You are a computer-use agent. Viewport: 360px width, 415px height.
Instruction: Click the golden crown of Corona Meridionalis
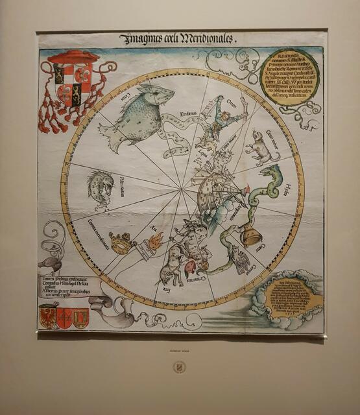point(119,244)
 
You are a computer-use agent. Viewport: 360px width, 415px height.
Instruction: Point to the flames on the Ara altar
point(156,242)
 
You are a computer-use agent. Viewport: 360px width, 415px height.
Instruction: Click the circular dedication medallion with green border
point(289,77)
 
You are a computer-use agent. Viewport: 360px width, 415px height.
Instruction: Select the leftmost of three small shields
point(49,318)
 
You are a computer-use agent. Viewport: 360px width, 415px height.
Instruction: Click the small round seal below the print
point(178,368)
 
